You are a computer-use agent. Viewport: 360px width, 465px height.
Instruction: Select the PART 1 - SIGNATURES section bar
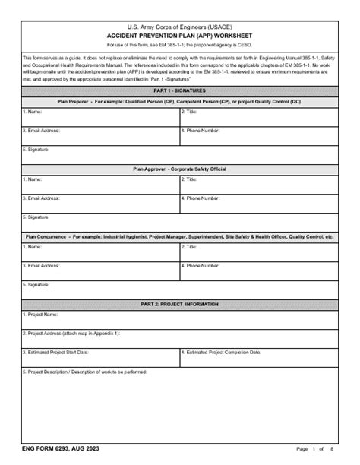[x=180, y=90]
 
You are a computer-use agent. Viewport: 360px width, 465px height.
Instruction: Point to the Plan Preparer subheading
[x=180, y=100]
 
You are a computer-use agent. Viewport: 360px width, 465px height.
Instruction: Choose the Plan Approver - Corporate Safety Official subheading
[x=180, y=168]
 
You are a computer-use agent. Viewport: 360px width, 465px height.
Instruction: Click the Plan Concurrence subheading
[x=180, y=236]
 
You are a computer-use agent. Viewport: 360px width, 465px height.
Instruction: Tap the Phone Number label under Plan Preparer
[x=202, y=130]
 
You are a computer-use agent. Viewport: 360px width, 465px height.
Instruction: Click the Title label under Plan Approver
[x=189, y=179]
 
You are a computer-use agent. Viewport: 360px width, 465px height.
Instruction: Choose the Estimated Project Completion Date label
[x=222, y=353]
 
